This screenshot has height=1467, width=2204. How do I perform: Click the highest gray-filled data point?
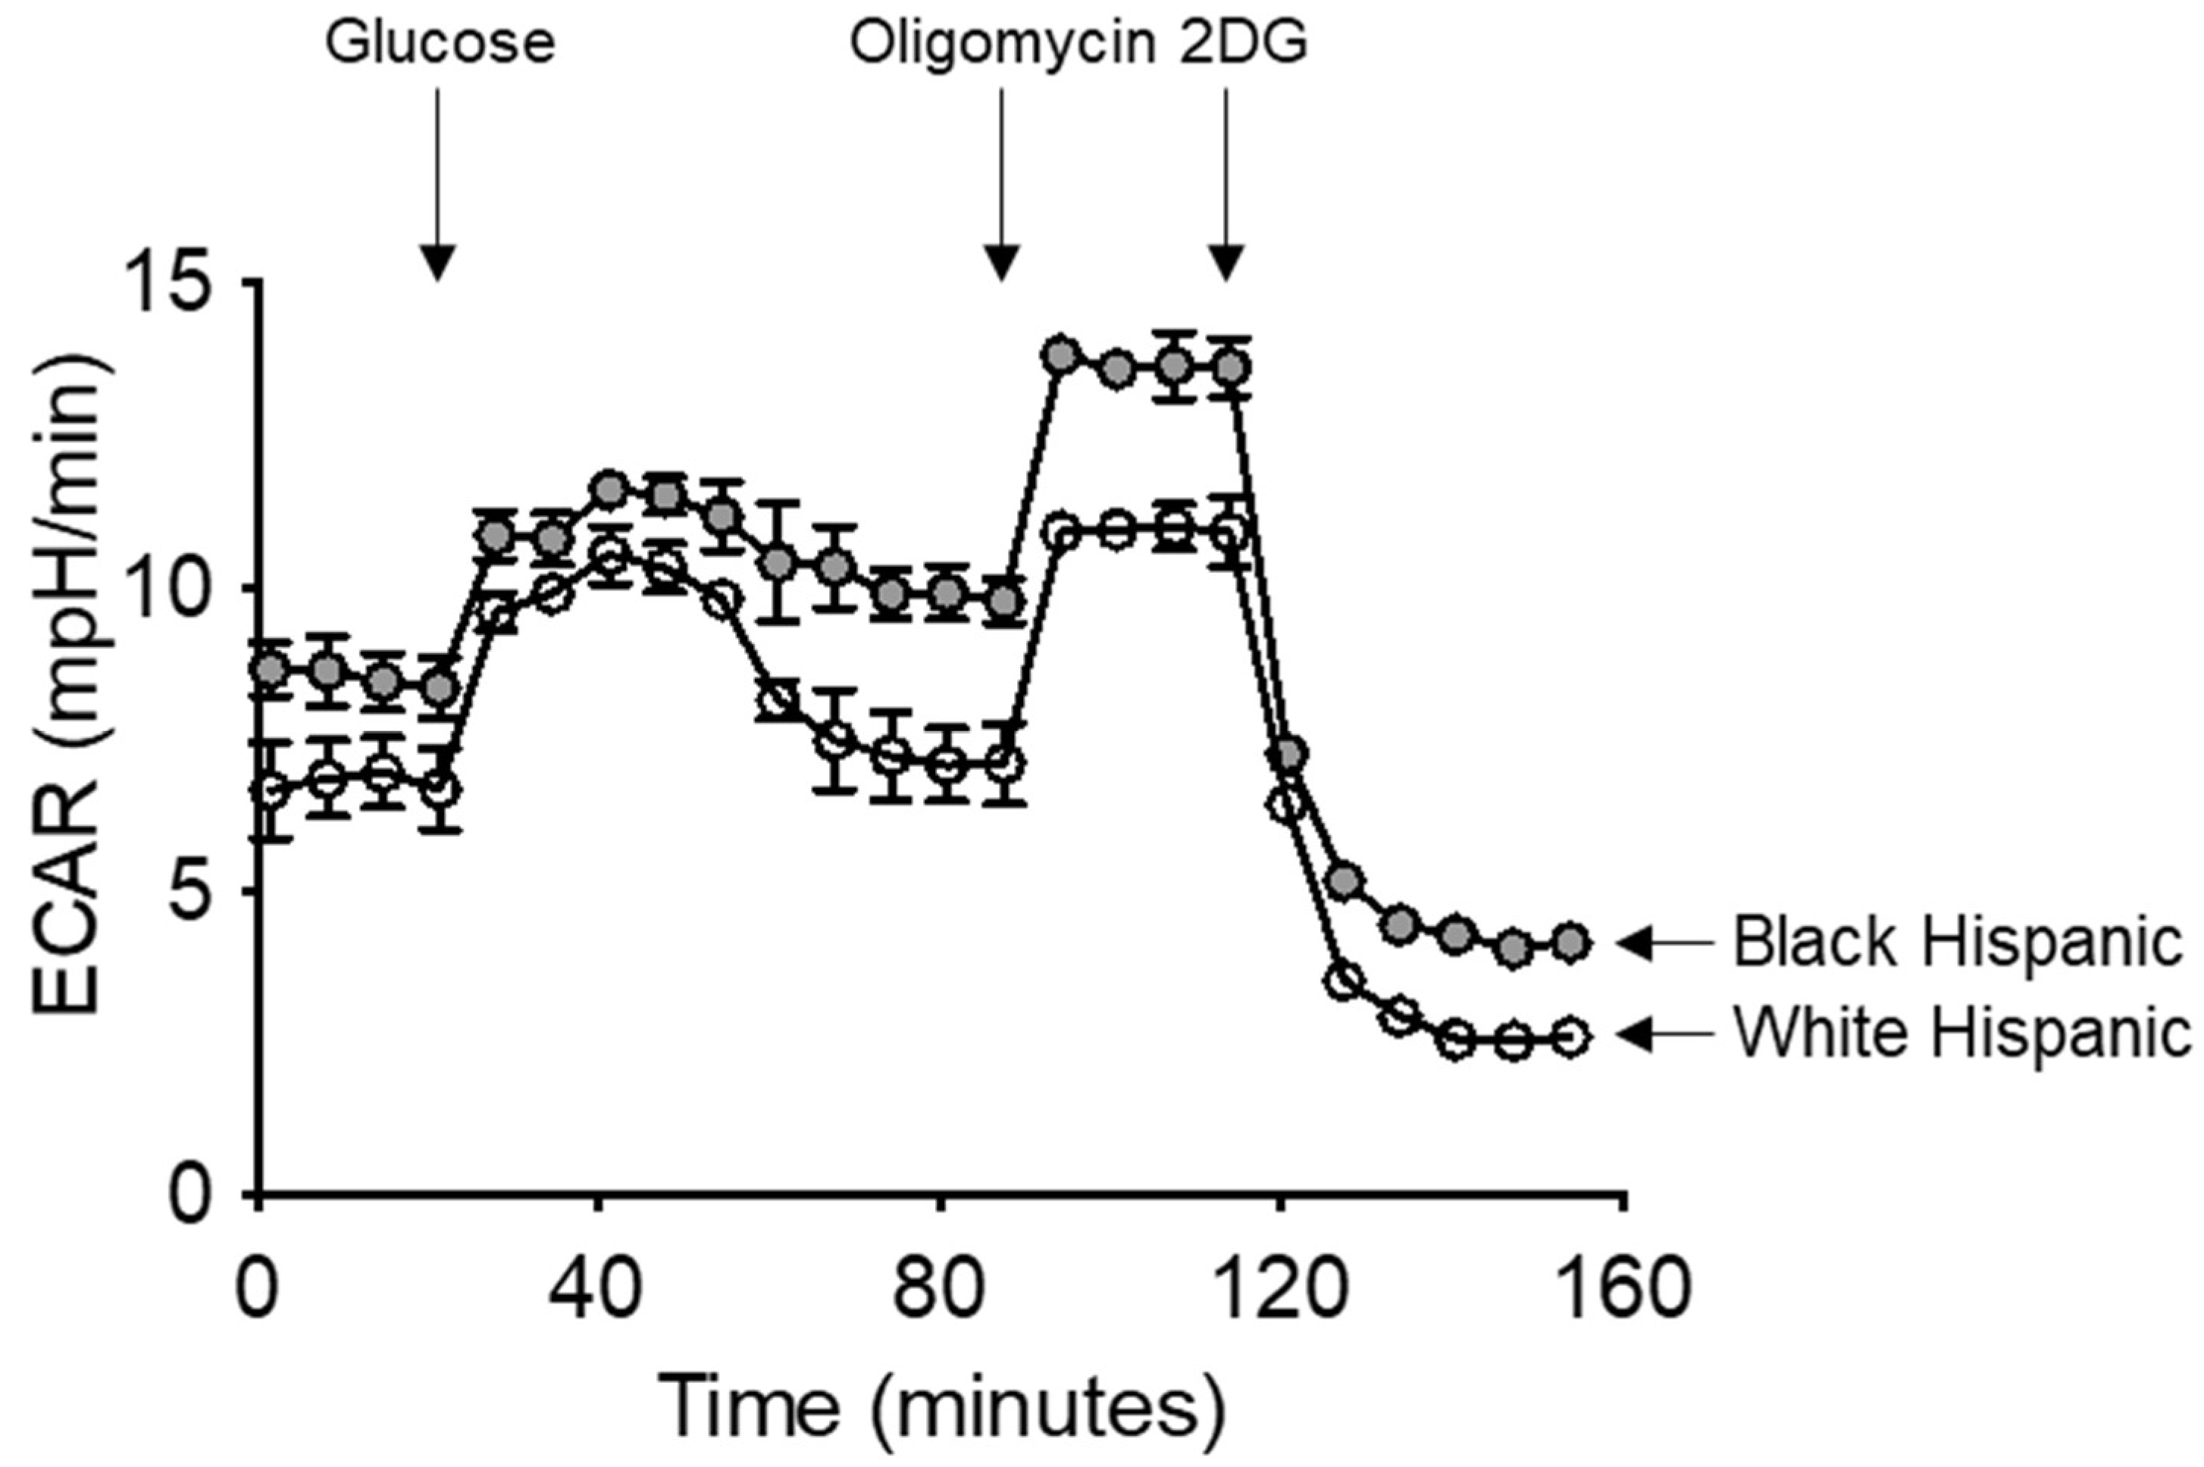pyautogui.click(x=1060, y=355)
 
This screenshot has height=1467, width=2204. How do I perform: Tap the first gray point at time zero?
pyautogui.click(x=271, y=669)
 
